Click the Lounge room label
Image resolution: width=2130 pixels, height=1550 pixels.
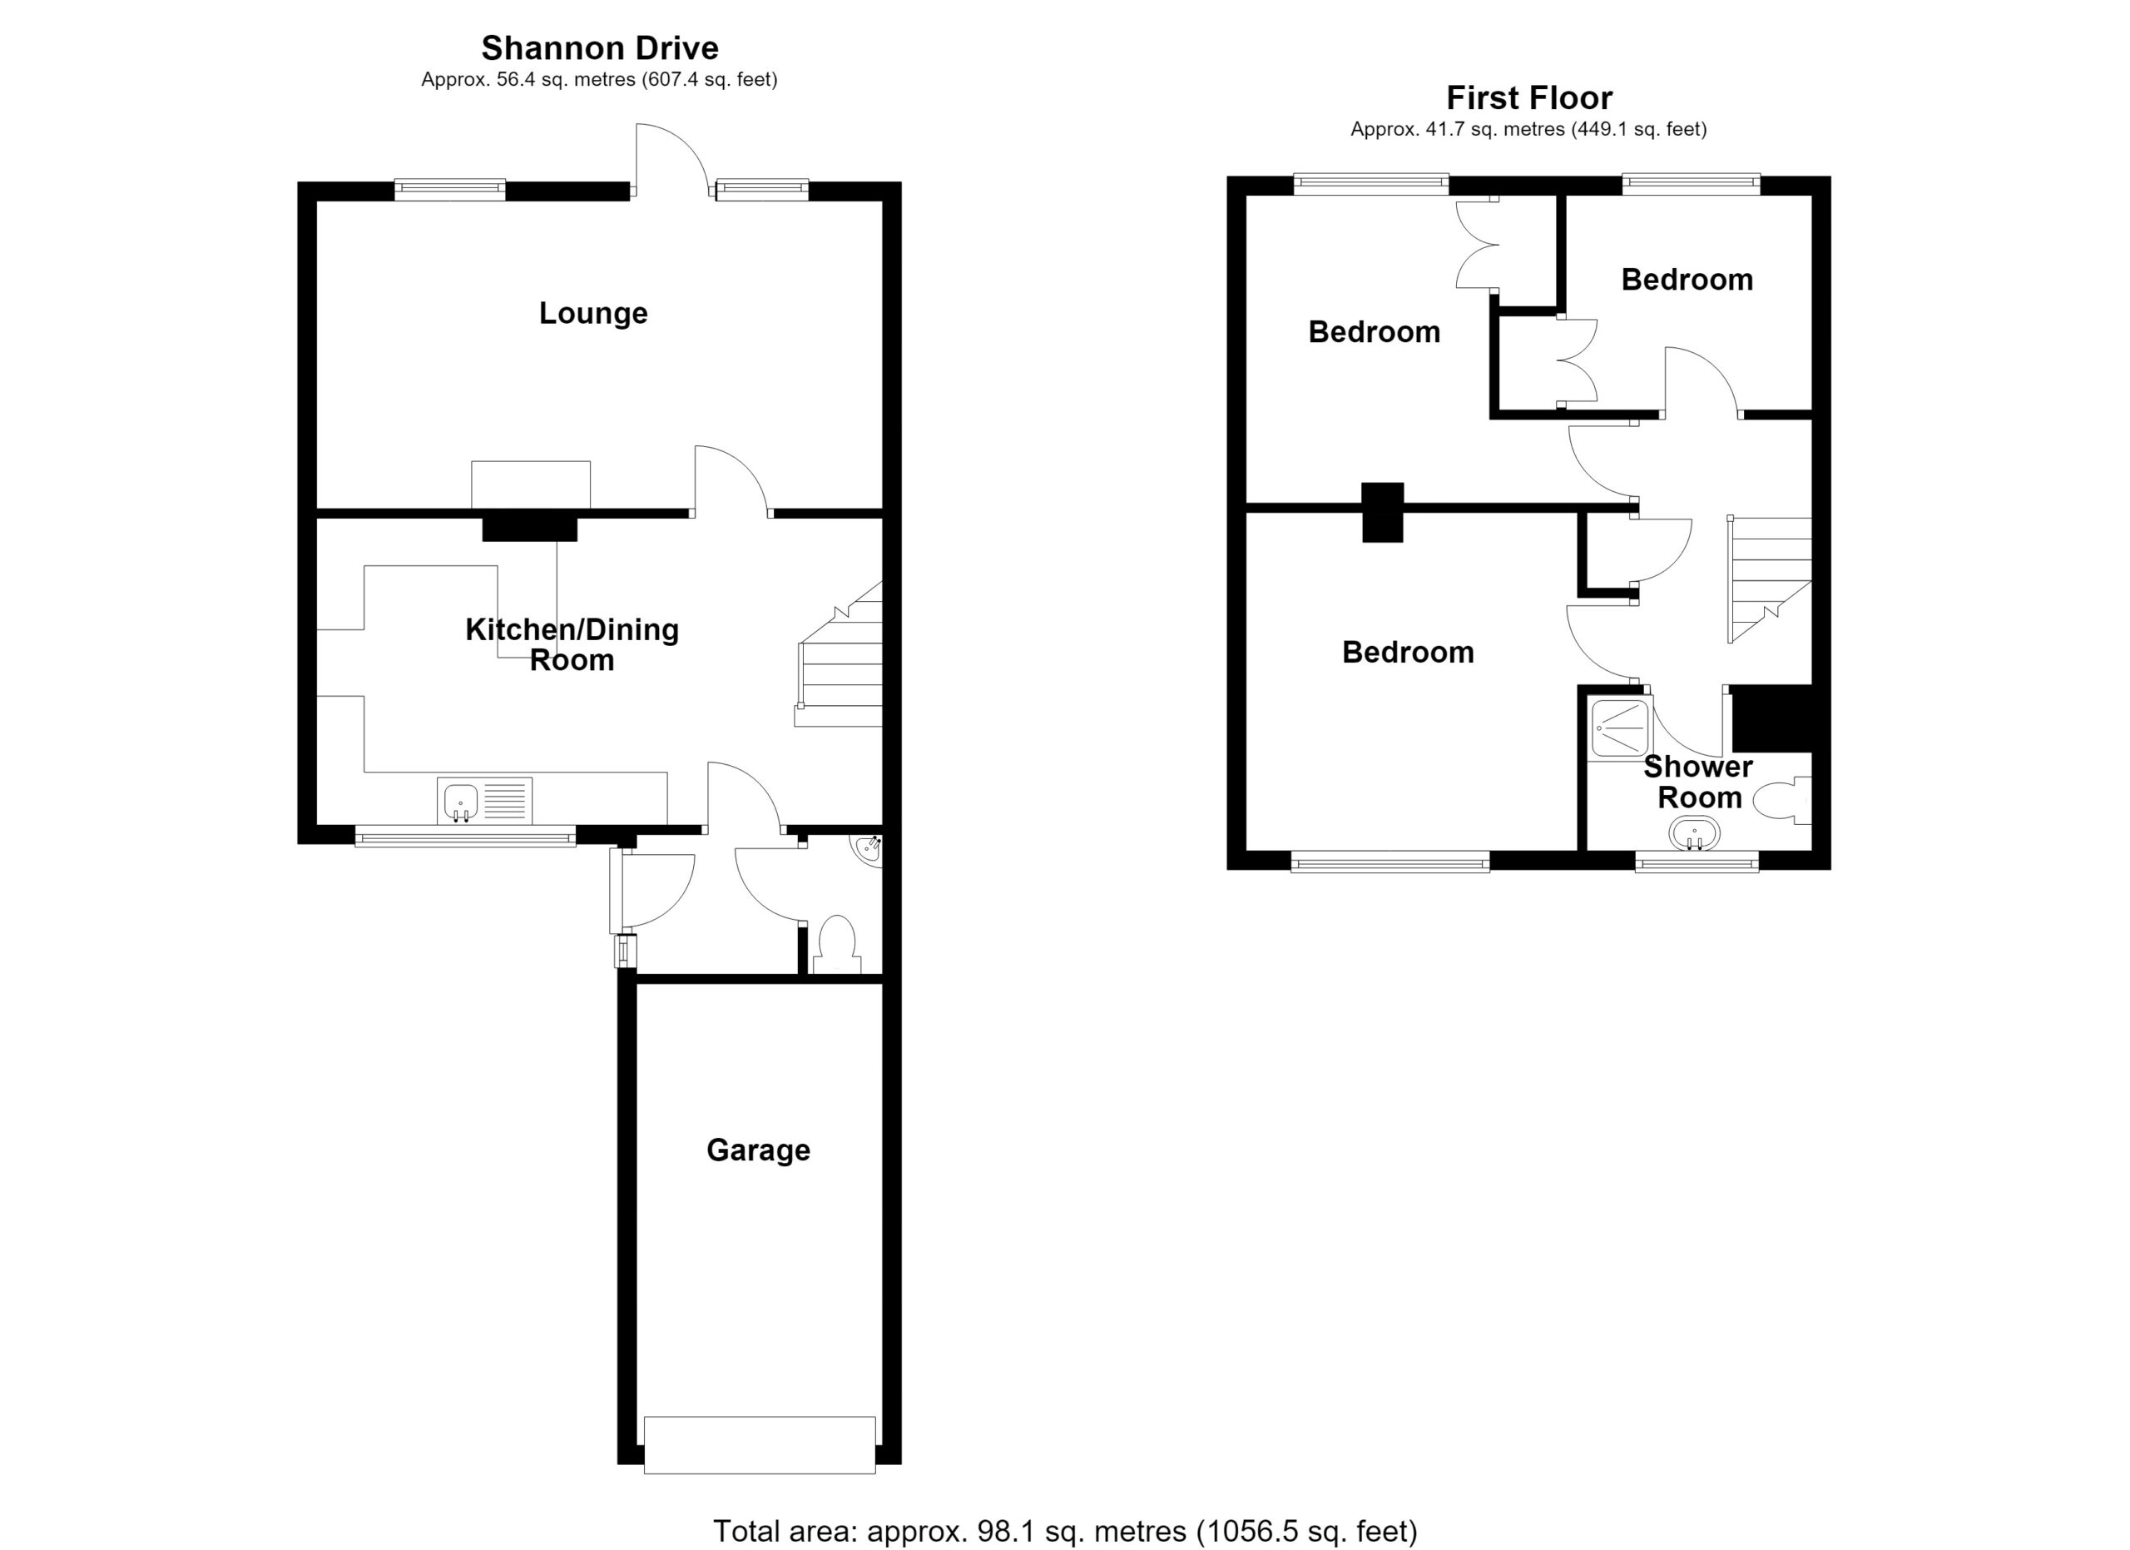592,314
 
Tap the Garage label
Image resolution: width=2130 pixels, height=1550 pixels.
758,1150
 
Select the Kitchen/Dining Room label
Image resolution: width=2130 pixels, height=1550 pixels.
572,644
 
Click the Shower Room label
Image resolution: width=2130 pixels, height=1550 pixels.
1698,782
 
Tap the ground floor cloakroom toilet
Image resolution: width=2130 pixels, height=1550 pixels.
837,945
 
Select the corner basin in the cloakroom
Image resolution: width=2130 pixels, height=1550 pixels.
868,849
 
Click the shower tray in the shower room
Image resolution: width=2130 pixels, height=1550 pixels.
1620,726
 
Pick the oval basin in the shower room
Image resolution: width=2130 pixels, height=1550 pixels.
1694,833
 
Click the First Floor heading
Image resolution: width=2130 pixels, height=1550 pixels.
1529,97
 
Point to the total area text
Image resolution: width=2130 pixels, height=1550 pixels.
1065,1531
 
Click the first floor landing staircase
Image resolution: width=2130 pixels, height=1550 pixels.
1771,580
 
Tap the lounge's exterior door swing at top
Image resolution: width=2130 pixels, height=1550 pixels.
671,160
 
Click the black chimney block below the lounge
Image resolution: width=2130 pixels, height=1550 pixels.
530,529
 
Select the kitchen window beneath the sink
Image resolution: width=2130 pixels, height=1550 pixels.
466,835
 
